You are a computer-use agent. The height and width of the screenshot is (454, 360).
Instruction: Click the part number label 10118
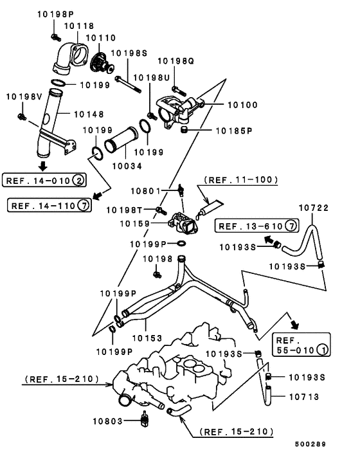[79, 26]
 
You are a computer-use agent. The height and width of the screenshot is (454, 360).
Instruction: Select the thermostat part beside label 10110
[101, 64]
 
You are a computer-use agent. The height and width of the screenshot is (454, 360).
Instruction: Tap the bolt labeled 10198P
[55, 37]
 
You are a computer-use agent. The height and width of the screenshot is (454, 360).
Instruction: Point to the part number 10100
[242, 105]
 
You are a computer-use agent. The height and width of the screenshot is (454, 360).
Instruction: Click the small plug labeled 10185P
[183, 130]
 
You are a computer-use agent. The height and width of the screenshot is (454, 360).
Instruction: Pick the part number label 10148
[89, 114]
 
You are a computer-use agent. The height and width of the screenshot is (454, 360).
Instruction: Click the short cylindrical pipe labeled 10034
[121, 140]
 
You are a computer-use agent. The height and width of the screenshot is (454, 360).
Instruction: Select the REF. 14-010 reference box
[44, 181]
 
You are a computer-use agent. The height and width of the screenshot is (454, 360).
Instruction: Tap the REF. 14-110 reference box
[50, 206]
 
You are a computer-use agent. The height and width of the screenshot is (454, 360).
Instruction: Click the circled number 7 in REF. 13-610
[291, 226]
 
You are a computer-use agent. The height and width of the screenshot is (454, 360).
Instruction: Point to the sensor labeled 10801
[180, 190]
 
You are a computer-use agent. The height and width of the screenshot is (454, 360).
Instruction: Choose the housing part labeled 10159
[183, 223]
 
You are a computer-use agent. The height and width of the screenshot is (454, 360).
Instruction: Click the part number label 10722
[314, 208]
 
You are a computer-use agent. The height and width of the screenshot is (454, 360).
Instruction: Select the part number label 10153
[147, 338]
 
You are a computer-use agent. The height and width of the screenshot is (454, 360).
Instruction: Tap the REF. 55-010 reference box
[301, 345]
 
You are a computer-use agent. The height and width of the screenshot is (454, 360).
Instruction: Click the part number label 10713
[304, 397]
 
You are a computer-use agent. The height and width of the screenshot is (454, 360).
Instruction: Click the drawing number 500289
[310, 444]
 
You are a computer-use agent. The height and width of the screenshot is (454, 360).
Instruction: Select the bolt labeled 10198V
[22, 117]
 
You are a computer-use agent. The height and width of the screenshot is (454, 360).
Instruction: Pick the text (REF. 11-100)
[241, 180]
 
